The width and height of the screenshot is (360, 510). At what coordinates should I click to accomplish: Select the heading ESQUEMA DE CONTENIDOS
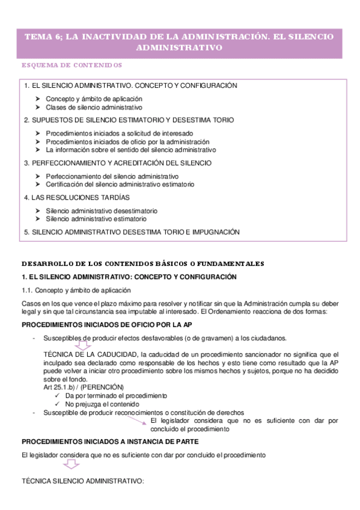[x=72, y=64]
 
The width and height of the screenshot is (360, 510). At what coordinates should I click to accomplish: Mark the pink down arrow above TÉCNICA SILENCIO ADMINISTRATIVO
[x=72, y=465]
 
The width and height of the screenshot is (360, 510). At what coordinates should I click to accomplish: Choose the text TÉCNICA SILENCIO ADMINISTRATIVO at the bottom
[x=82, y=482]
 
